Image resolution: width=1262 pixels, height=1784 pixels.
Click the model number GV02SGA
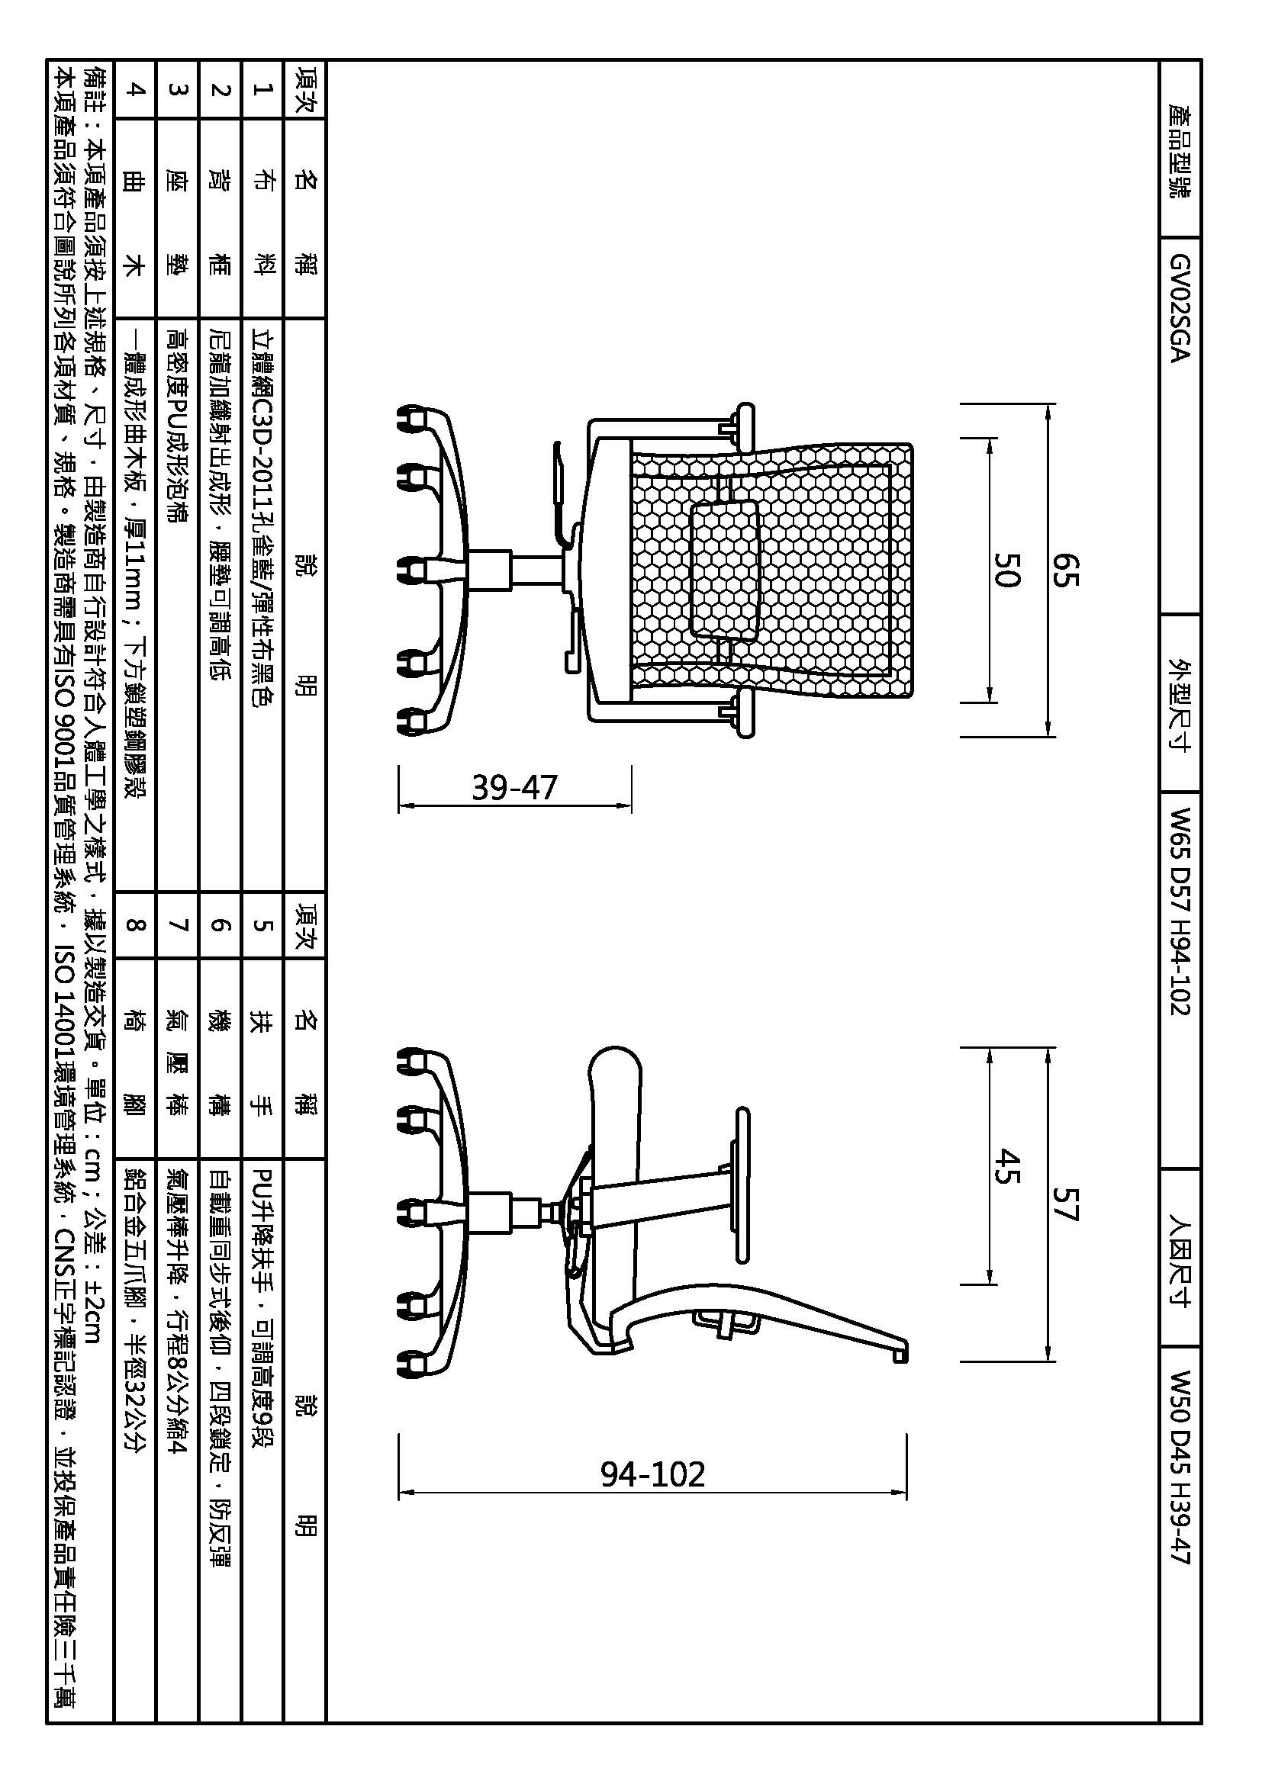[x=1180, y=308]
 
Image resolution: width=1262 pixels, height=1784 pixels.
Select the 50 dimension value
[x=1005, y=570]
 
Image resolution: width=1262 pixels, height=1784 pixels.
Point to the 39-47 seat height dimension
[x=514, y=788]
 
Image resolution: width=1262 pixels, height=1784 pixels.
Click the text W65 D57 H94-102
[x=1180, y=911]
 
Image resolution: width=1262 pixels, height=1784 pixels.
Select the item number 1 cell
[x=262, y=89]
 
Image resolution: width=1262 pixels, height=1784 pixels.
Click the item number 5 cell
[x=262, y=924]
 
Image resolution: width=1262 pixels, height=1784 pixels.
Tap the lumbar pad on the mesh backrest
[x=723, y=570]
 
